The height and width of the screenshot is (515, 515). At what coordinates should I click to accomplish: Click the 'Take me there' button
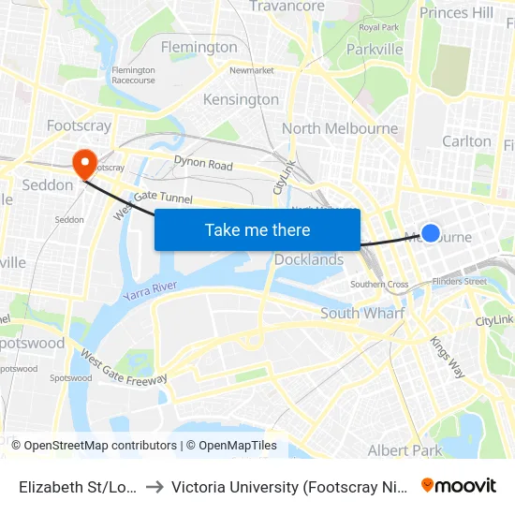(x=257, y=229)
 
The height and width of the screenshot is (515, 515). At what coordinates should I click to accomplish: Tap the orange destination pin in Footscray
(x=85, y=164)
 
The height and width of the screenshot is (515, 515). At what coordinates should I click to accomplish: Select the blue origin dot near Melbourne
(x=431, y=233)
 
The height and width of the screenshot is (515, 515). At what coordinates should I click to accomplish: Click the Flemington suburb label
(x=199, y=47)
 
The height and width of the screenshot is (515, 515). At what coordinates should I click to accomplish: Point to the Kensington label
(x=241, y=99)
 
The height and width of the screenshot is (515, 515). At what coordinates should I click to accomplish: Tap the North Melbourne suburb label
(x=339, y=128)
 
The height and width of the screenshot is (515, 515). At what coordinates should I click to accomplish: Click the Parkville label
(x=375, y=49)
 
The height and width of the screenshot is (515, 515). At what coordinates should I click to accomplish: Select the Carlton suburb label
(x=466, y=141)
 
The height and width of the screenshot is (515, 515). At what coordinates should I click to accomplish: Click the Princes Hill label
(x=456, y=12)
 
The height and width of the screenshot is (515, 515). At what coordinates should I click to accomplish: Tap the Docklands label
(x=309, y=259)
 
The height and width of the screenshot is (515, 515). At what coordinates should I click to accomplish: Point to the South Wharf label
(x=362, y=313)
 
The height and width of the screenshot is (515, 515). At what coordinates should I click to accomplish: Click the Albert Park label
(x=405, y=450)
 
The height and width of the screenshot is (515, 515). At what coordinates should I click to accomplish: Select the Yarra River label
(x=150, y=290)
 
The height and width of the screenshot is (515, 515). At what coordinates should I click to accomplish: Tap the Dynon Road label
(x=203, y=165)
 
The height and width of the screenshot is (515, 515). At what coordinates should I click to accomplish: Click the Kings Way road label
(x=448, y=356)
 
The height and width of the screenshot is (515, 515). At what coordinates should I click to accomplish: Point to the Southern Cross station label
(x=379, y=284)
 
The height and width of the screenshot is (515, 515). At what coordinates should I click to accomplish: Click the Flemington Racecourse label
(x=133, y=76)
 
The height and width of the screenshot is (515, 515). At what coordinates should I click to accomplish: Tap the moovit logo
(x=459, y=485)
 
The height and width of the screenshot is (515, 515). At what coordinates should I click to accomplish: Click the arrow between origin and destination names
(x=154, y=486)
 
